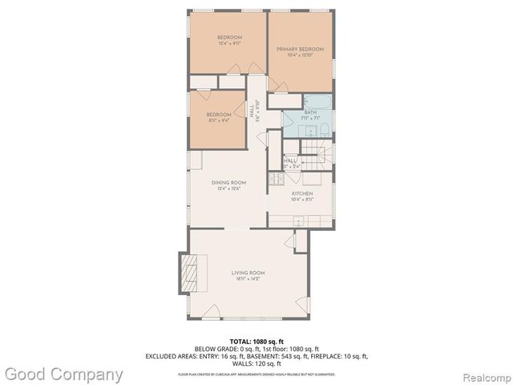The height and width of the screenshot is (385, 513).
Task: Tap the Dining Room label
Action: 228,183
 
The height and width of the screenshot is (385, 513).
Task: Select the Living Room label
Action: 248,274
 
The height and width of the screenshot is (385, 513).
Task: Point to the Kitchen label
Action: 302,193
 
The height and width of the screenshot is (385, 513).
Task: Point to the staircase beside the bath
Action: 313,153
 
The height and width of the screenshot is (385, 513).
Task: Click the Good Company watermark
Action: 63,374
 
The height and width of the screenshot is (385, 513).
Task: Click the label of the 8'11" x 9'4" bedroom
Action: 218,115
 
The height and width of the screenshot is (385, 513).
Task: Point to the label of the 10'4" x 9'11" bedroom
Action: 229,38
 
